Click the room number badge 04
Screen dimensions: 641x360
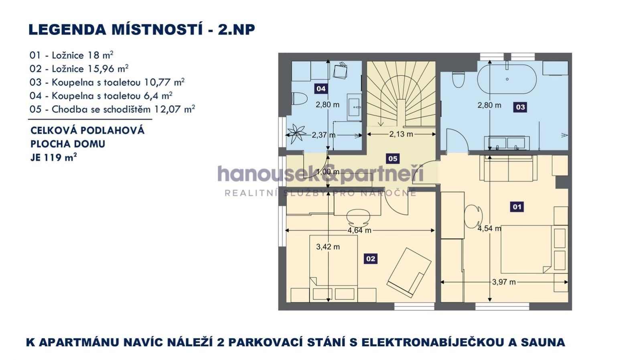[x=321, y=89]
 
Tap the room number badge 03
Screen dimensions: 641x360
[x=520, y=107]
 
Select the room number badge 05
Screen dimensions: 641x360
[x=393, y=159]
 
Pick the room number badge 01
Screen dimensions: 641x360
[x=517, y=207]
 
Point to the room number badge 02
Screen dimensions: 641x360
[x=371, y=259]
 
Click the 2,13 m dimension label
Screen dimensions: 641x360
[x=401, y=134]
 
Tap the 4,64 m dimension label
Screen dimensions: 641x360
[x=359, y=230]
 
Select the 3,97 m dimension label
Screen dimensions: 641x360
[x=504, y=282]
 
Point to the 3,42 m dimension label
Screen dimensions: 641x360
[x=328, y=246]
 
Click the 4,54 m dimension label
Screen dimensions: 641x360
[x=489, y=228]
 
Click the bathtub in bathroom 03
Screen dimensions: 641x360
[x=507, y=79]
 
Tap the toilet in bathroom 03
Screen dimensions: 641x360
[x=458, y=80]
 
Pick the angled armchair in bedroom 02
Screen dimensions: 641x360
[x=409, y=273]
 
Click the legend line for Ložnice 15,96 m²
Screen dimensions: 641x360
[x=79, y=69]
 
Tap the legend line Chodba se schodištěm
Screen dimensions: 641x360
[x=112, y=110]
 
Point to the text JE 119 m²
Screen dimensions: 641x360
[x=53, y=157]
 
